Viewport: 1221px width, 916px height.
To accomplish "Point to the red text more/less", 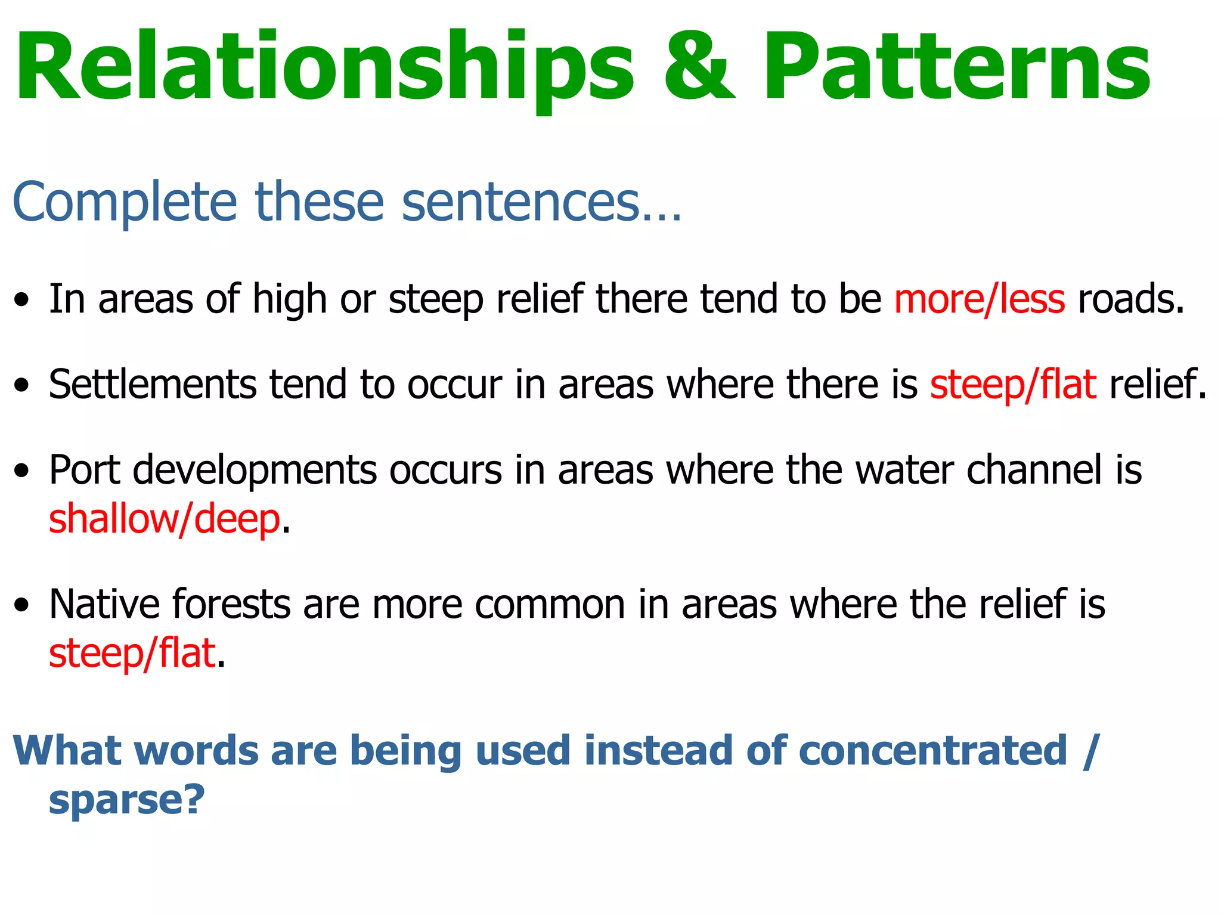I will coord(979,299).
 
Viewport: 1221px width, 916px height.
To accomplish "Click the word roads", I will coord(1130,299).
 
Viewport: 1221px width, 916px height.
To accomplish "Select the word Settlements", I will coord(152,384).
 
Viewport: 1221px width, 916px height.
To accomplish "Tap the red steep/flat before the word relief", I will coord(1012,385).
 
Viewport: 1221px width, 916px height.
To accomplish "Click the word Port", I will coord(84,470).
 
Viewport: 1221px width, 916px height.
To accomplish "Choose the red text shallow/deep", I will coord(164,519).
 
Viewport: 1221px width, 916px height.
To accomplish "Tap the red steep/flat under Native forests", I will coord(132,654).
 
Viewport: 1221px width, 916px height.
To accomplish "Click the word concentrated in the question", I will coord(932,750).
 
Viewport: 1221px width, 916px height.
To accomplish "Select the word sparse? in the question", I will coord(126,800).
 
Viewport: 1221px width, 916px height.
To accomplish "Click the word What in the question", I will coord(66,750).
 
